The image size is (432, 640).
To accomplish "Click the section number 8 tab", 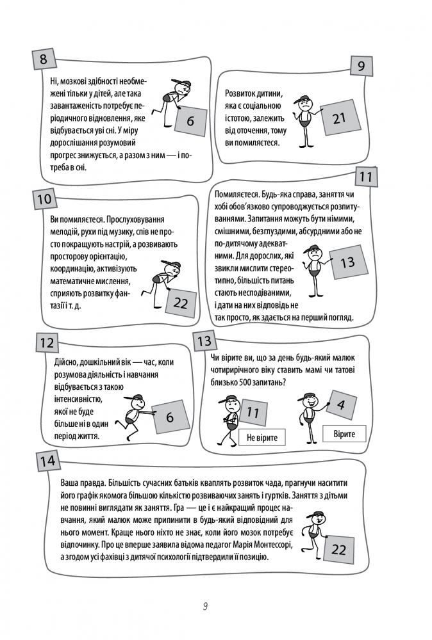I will (x=43, y=61).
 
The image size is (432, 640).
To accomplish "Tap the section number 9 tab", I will (x=361, y=67).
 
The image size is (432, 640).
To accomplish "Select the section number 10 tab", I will (x=44, y=198).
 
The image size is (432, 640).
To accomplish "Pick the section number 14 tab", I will (x=47, y=461).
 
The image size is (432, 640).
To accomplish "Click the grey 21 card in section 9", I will (x=339, y=118).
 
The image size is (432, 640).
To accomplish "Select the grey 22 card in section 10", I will (x=180, y=303).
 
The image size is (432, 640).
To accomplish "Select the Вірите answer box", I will (x=349, y=435).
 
